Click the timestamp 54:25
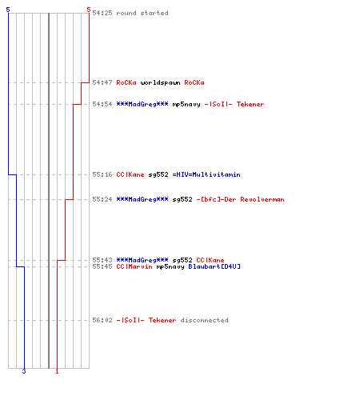pyautogui.click(x=102, y=13)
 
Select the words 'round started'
pyautogui.click(x=142, y=13)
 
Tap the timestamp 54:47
pyautogui.click(x=102, y=82)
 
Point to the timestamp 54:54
pyautogui.click(x=102, y=104)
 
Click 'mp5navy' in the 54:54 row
pyautogui.click(x=186, y=104)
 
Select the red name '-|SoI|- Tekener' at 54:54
pyautogui.click(x=234, y=104)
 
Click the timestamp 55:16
pyautogui.click(x=102, y=174)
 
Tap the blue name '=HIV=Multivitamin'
pyautogui.click(x=206, y=174)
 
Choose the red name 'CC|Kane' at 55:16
pyautogui.click(x=130, y=174)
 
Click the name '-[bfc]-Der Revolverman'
pyautogui.click(x=240, y=199)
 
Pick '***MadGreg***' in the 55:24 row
pyautogui.click(x=142, y=199)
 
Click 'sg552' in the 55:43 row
pyautogui.click(x=182, y=260)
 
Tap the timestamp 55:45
pyautogui.click(x=102, y=266)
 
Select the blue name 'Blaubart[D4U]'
pyautogui.click(x=214, y=266)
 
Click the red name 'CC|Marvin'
pyautogui.click(x=134, y=266)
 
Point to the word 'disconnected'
pyautogui.click(x=204, y=320)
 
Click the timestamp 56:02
pyautogui.click(x=102, y=320)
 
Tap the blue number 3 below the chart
pyautogui.click(x=24, y=371)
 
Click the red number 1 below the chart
pyautogui.click(x=57, y=371)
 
